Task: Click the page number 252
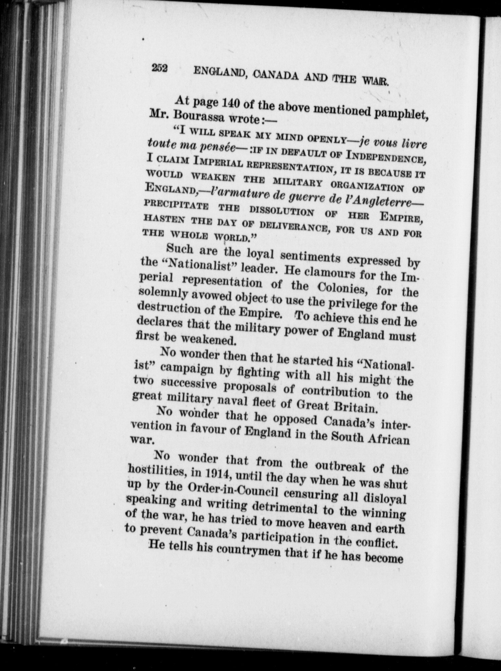point(160,68)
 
